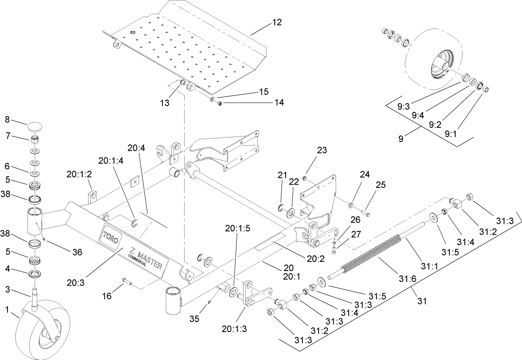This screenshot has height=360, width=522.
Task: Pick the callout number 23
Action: (322, 150)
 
